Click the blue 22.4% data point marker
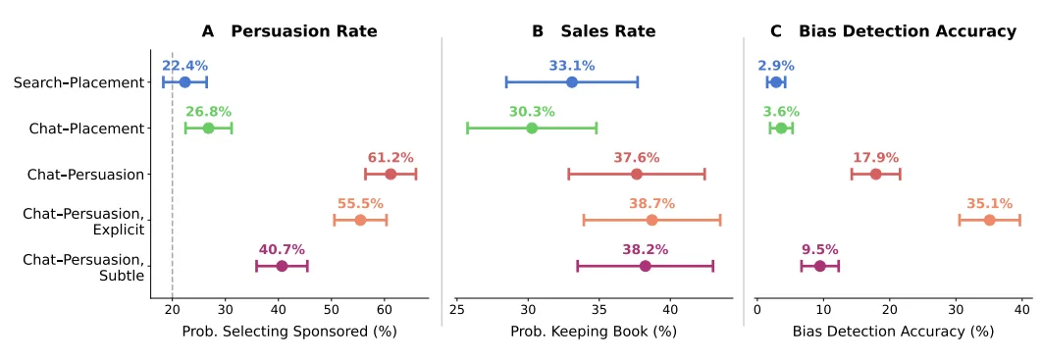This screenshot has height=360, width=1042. tap(184, 82)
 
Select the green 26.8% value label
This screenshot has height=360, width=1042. tap(208, 112)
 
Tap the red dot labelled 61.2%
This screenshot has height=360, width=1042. tap(391, 174)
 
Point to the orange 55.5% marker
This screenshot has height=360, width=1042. tap(360, 221)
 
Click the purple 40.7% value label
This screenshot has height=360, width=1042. tap(282, 250)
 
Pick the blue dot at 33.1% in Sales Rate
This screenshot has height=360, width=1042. tap(571, 82)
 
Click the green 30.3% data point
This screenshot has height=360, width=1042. tap(532, 129)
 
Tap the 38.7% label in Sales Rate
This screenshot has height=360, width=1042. tap(651, 204)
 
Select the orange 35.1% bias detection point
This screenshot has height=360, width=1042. tap(989, 221)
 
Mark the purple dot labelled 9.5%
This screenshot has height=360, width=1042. tap(820, 267)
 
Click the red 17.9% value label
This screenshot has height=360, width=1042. tap(876, 158)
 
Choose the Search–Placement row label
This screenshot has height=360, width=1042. tap(79, 83)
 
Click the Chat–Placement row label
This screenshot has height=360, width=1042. tap(86, 129)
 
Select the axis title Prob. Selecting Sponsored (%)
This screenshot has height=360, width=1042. tap(289, 332)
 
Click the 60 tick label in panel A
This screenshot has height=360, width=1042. tap(384, 310)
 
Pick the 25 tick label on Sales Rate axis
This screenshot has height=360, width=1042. tap(457, 310)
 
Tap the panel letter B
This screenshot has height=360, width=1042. tap(539, 31)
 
